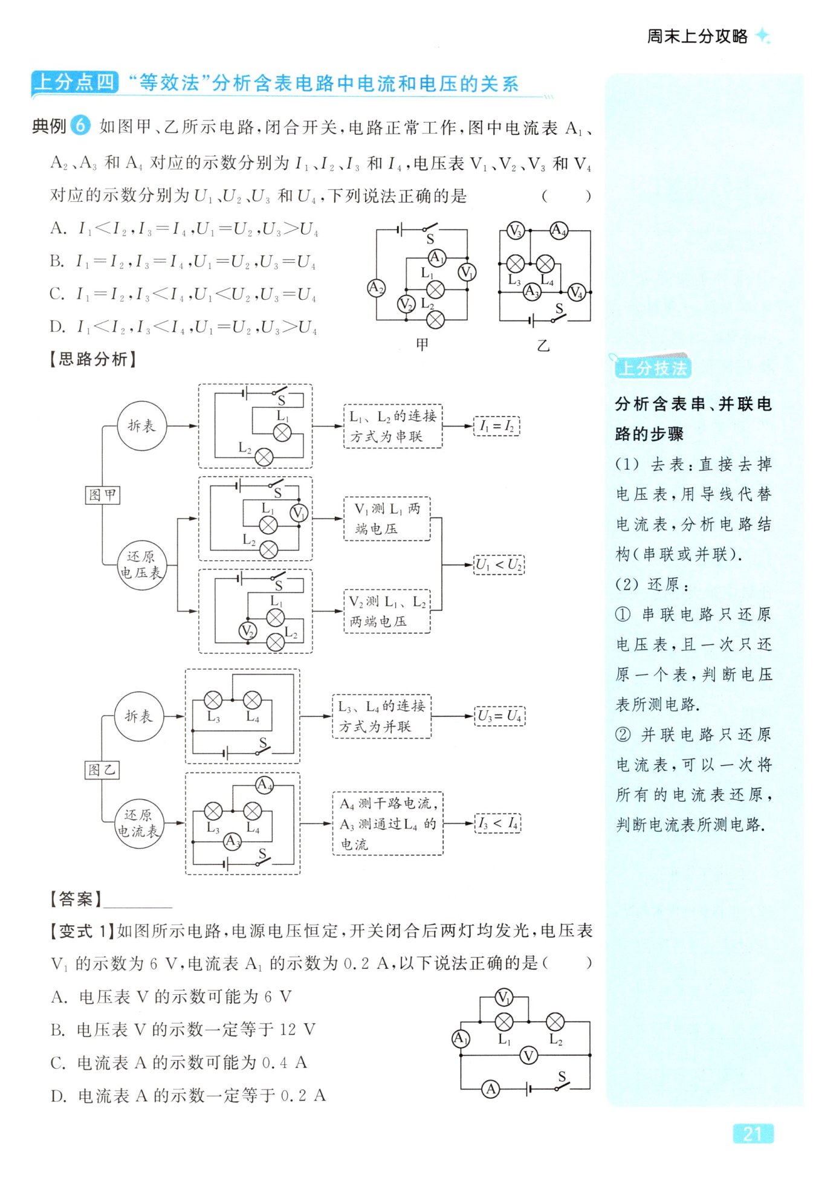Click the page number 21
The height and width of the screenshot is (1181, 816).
click(752, 1133)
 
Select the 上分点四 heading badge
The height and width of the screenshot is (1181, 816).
click(75, 82)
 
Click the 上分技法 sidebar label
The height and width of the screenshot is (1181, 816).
click(653, 367)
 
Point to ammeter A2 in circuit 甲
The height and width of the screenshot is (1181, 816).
click(376, 288)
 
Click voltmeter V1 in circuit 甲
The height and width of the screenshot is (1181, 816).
click(467, 273)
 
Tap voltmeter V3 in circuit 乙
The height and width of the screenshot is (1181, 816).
click(515, 230)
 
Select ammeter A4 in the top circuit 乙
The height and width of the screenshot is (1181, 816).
click(559, 230)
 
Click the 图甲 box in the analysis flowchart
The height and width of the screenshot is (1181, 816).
click(102, 495)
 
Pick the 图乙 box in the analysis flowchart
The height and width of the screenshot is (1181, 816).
click(102, 769)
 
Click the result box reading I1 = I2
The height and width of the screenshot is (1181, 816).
click(496, 426)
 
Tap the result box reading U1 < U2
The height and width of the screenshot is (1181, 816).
click(499, 565)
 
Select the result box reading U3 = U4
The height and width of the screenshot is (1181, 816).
click(499, 716)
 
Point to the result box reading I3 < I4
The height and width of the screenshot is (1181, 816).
click(498, 823)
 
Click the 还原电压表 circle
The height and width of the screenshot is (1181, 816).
click(140, 565)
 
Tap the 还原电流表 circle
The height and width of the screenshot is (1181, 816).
click(138, 823)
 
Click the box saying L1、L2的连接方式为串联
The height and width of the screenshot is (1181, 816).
click(393, 426)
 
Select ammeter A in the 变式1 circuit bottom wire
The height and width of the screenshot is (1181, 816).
click(491, 1089)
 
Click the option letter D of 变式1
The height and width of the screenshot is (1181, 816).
click(59, 1096)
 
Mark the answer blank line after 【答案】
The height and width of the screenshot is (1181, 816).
click(138, 901)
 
